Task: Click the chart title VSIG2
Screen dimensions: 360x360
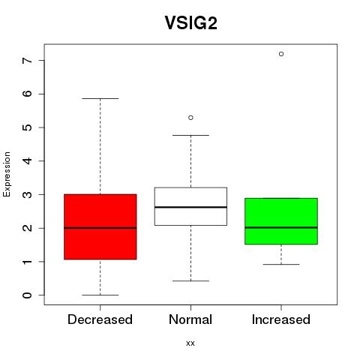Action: coord(190,22)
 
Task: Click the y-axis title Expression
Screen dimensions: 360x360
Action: coord(7,174)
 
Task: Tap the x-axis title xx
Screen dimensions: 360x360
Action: coord(190,343)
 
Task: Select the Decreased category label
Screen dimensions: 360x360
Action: coord(100,319)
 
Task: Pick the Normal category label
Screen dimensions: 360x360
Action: coord(190,319)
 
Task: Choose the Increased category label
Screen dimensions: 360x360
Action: coord(281,319)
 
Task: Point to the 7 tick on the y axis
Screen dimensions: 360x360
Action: coord(28,61)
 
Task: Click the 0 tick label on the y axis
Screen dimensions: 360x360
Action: coord(28,295)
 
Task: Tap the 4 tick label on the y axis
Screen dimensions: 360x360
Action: coord(28,161)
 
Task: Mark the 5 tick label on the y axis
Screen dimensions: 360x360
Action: coord(28,127)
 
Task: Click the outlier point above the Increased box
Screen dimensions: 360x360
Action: coord(281,54)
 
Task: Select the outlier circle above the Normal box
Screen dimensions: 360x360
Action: coord(190,118)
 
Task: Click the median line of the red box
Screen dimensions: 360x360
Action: coord(100,228)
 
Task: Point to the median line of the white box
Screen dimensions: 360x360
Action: coord(190,207)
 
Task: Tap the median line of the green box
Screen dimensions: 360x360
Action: coord(281,227)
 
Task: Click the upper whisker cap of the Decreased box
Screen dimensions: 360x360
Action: coord(100,98)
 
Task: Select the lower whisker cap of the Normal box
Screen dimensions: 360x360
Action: coord(190,281)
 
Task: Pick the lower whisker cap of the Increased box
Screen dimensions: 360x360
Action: coord(281,264)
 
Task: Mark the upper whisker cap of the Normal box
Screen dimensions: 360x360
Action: coord(190,135)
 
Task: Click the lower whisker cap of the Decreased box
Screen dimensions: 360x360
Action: coord(100,295)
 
